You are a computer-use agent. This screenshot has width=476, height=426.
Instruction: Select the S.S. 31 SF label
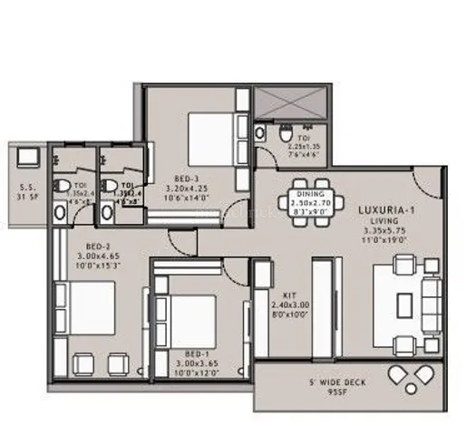27,194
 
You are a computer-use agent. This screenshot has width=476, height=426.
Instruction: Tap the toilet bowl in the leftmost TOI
63,187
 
